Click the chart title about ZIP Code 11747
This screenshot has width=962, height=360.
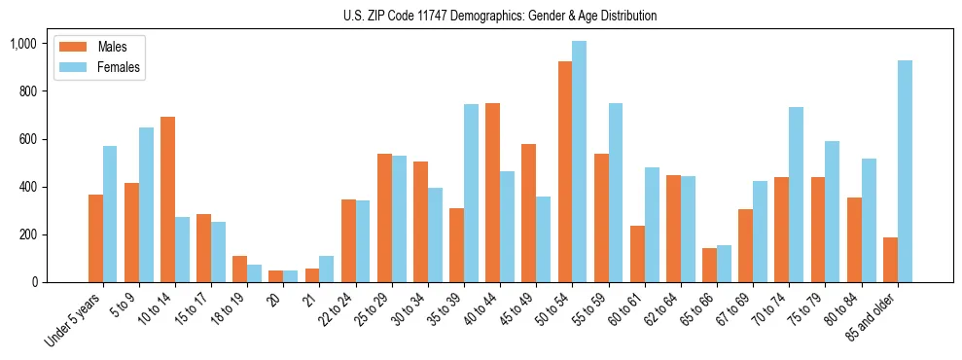coord(500,16)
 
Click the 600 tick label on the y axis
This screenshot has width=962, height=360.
coord(26,139)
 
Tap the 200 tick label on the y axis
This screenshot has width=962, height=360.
coord(26,234)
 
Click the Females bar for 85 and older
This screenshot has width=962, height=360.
coord(905,171)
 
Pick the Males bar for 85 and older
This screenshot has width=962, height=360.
coord(890,260)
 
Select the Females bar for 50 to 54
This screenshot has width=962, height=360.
coord(580,162)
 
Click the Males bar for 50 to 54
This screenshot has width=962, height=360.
coord(565,172)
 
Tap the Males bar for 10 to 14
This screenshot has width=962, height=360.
coord(167,199)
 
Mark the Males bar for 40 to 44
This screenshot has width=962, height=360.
coord(493,193)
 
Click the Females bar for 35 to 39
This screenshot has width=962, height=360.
coord(471,194)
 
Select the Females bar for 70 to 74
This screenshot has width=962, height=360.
coord(797,195)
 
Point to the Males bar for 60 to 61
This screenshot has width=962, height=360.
coord(637,254)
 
